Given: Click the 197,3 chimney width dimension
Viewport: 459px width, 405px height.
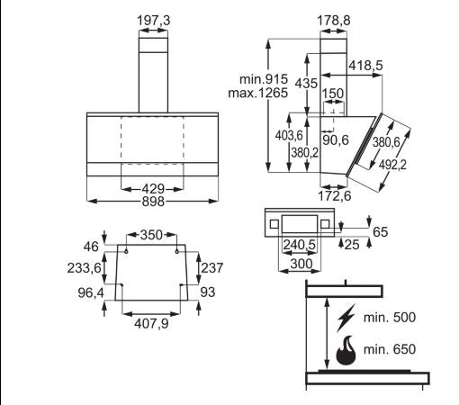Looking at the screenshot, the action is pyautogui.click(x=153, y=21).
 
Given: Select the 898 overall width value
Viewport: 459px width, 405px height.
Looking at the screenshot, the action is pyautogui.click(x=153, y=202).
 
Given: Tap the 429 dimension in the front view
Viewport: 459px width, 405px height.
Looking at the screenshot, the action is pyautogui.click(x=153, y=189).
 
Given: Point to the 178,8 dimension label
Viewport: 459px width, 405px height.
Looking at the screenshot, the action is pyautogui.click(x=334, y=21).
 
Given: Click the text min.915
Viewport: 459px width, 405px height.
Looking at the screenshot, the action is pyautogui.click(x=264, y=79).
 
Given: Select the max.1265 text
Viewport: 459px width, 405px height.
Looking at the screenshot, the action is pyautogui.click(x=258, y=93).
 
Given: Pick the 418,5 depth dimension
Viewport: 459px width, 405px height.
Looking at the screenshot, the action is pyautogui.click(x=365, y=65).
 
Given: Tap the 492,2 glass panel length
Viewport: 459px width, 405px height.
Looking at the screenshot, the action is pyautogui.click(x=392, y=165).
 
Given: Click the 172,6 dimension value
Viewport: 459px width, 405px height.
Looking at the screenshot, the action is pyautogui.click(x=334, y=196).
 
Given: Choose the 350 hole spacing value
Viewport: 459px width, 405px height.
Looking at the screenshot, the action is pyautogui.click(x=151, y=235).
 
